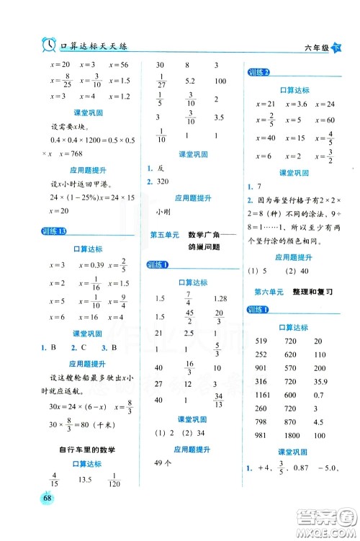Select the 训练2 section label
click(x=258, y=73)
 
